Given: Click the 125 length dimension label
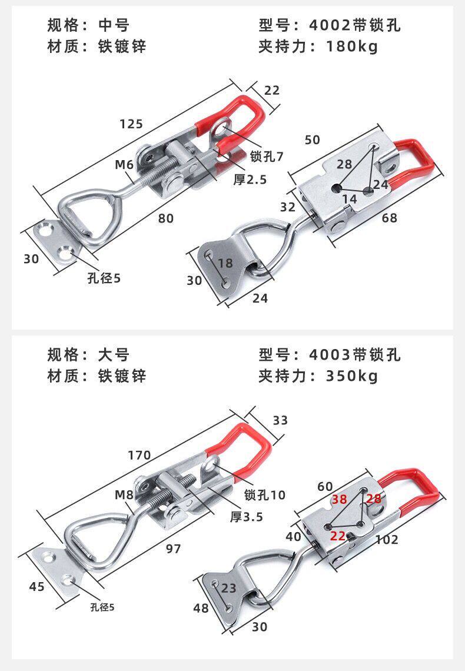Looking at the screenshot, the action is [131, 124].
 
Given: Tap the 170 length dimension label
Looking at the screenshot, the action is [139, 455].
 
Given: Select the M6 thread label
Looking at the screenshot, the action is [124, 164].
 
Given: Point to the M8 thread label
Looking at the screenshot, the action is [124, 494].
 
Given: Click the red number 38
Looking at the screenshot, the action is [338, 500].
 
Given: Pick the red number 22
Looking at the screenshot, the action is [337, 535].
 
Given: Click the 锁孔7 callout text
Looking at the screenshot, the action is [267, 157].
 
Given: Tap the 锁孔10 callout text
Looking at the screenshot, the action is [264, 495].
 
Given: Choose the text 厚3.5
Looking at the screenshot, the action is [246, 517].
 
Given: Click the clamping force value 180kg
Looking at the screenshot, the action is [352, 46].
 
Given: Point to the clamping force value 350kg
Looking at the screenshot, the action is [352, 376].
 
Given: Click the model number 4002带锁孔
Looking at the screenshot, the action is [355, 25].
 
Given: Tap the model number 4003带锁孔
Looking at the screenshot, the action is [355, 355].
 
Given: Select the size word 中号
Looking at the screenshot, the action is [113, 25].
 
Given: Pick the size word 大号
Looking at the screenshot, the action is [113, 355].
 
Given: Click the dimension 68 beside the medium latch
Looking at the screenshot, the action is [389, 218].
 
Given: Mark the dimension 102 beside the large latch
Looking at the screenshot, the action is [386, 539].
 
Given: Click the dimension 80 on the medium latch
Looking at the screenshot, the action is [166, 218].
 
